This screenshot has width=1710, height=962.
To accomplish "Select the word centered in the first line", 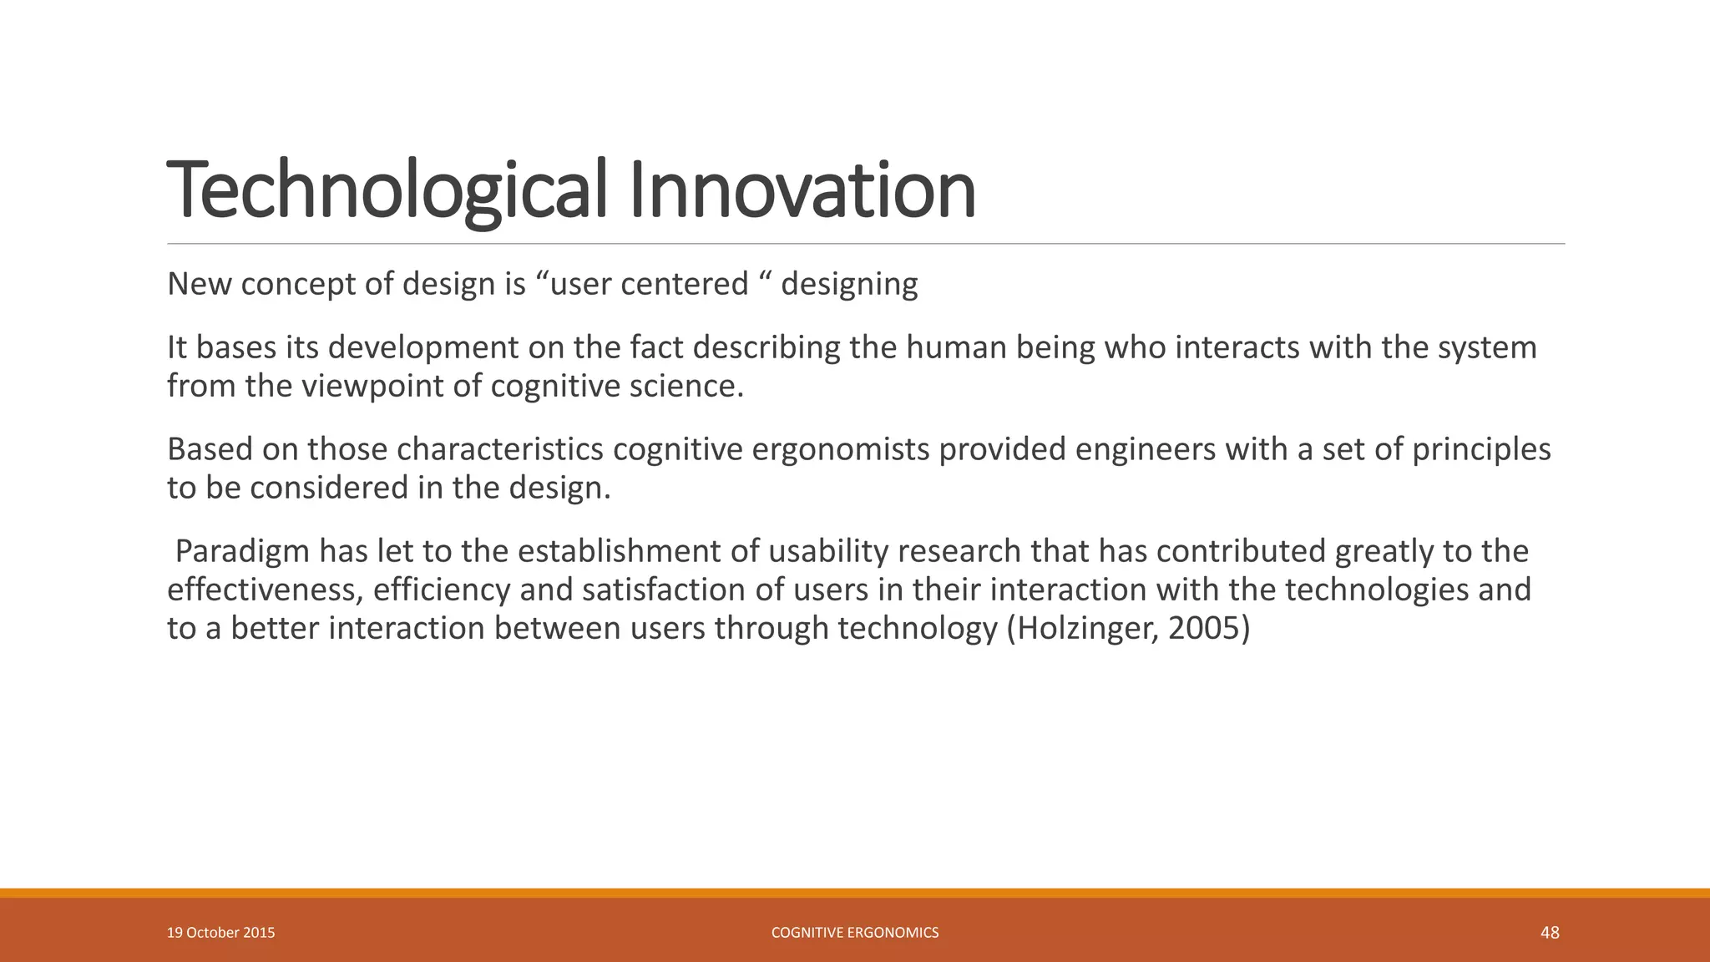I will (x=684, y=284).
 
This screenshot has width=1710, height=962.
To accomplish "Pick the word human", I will (x=956, y=347).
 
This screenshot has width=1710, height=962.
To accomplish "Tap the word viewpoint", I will (x=372, y=386).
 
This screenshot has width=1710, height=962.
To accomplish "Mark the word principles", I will (x=1481, y=449).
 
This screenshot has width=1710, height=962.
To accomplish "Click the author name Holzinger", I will (x=1086, y=628).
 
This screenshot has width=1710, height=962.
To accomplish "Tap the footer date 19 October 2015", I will (x=220, y=933).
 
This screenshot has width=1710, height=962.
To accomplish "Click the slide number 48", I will (x=1550, y=933).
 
